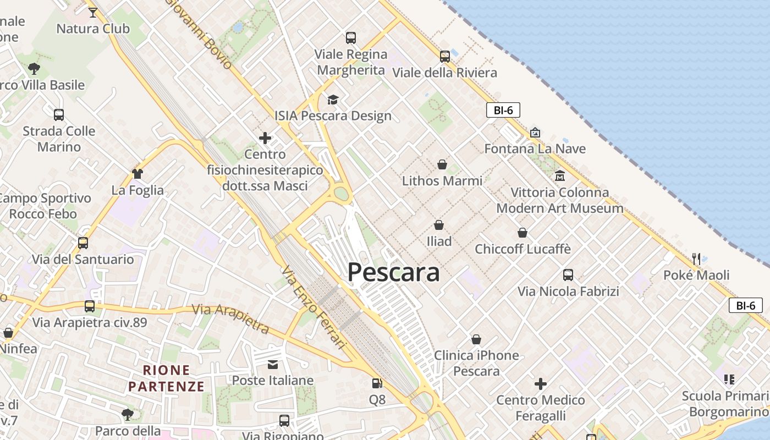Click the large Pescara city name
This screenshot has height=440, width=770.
point(394,272)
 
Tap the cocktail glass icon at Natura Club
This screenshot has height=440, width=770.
point(93,12)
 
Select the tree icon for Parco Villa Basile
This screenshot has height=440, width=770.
point(34,69)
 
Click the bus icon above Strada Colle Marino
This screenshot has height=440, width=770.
point(59,114)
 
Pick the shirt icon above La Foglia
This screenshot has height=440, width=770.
point(137,174)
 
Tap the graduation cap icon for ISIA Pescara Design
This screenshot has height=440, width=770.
point(333,100)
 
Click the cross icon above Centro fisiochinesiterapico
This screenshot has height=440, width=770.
point(265,137)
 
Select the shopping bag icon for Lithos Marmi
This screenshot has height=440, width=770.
point(442,164)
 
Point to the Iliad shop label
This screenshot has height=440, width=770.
point(439,241)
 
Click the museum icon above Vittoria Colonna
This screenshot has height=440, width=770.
point(560,176)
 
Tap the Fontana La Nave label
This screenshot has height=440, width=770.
point(535,148)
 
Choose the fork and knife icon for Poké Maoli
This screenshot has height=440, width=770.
point(696,258)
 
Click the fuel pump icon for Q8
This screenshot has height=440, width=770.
point(377,383)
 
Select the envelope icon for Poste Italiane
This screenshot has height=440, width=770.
point(273,364)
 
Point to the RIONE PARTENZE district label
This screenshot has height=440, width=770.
point(166,378)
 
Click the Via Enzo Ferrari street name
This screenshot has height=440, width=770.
point(312,308)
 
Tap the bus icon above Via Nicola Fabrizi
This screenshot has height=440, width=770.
point(568,274)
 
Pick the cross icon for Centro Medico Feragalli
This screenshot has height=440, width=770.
point(541,383)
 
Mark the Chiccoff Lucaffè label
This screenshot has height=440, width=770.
point(522,249)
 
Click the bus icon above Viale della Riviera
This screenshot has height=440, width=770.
point(444,56)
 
